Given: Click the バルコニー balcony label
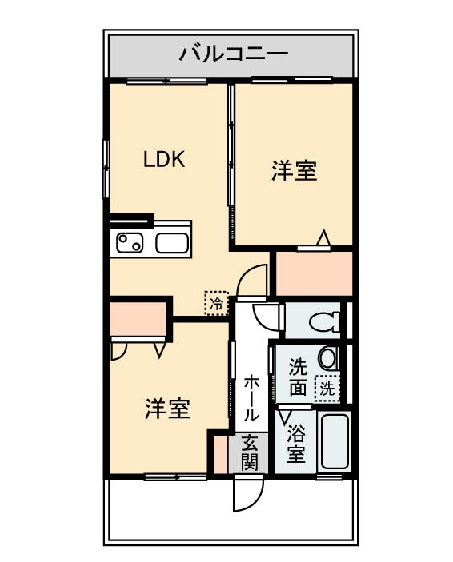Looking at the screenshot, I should click(232, 54).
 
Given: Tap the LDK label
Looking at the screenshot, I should click(164, 159).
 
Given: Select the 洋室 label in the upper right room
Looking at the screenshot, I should click(294, 170).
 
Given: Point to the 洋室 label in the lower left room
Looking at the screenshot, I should click(167, 409).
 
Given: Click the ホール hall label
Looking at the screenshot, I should click(250, 397).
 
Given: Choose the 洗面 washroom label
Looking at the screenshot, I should click(297, 377).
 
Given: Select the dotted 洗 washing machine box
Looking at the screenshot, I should click(327, 389).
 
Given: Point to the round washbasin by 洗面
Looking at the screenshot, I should click(327, 357).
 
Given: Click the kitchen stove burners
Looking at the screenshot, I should click(130, 241).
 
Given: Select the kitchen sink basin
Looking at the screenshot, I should click(171, 242).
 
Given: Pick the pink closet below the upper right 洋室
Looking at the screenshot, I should click(313, 273).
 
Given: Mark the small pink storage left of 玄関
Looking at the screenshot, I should click(218, 452).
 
